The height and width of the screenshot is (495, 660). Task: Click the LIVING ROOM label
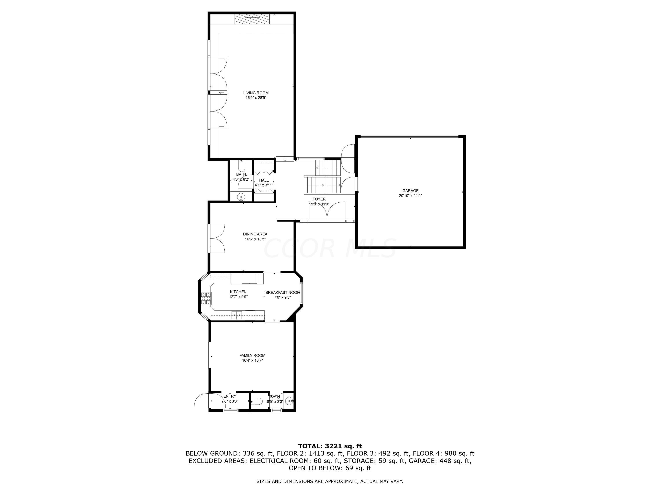pyautogui.click(x=256, y=93)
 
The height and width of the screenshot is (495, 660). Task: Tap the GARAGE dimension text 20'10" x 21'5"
pyautogui.click(x=410, y=196)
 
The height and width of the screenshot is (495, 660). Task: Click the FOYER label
pyautogui.click(x=319, y=199)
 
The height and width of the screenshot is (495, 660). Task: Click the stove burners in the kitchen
pyautogui.click(x=205, y=298)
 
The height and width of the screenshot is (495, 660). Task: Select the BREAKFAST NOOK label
pyautogui.click(x=282, y=292)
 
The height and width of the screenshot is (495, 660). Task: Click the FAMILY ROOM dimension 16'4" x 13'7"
pyautogui.click(x=252, y=360)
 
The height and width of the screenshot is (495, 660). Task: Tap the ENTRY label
pyautogui.click(x=230, y=396)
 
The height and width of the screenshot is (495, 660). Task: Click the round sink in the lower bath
pyautogui.click(x=289, y=401)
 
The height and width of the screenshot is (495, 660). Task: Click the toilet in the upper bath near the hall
pyautogui.click(x=241, y=166)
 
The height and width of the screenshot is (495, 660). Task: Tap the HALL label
pyautogui.click(x=264, y=180)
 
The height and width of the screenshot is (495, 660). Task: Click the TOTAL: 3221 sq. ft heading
pyautogui.click(x=330, y=446)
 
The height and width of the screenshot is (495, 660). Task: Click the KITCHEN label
pyautogui.click(x=238, y=292)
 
